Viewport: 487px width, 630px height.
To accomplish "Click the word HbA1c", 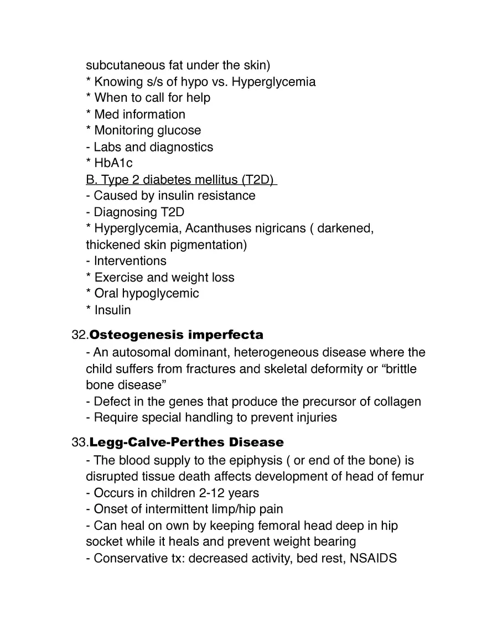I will (x=113, y=163).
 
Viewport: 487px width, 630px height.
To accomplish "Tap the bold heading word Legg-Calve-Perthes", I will (x=160, y=442).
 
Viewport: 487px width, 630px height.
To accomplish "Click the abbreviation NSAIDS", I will (x=374, y=558).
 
